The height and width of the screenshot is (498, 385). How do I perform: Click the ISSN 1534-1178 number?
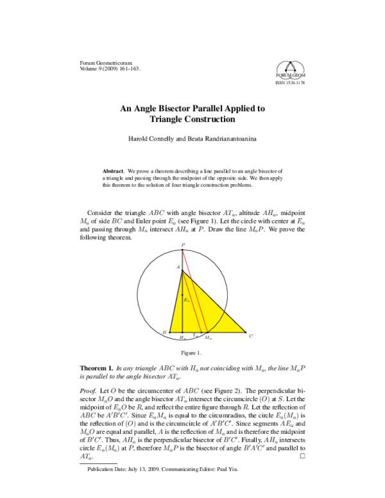(x=291, y=83)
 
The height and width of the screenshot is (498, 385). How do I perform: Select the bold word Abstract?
(x=114, y=171)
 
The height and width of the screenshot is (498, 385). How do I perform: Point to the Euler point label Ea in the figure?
(x=186, y=300)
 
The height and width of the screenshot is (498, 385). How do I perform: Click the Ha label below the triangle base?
(x=183, y=338)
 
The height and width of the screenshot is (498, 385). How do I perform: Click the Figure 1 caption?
(x=192, y=353)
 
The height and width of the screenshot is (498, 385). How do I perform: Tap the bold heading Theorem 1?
(x=96, y=368)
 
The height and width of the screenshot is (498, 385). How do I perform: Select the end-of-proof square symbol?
(x=302, y=474)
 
